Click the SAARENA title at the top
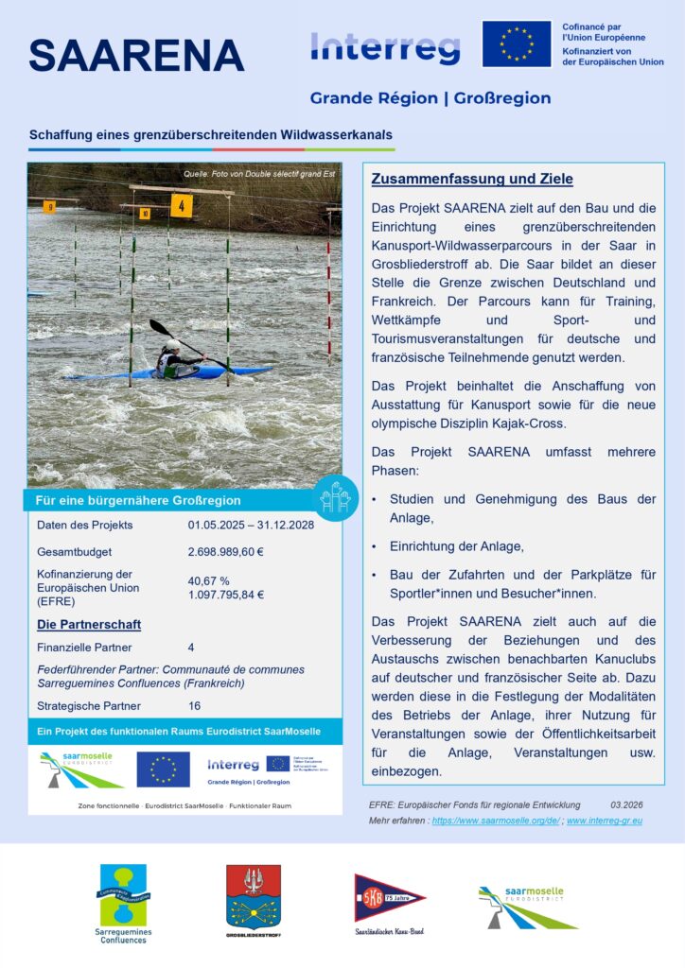(136, 56)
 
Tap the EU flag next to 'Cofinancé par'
(516, 44)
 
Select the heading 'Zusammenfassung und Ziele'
(471, 179)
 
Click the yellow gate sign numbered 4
(181, 206)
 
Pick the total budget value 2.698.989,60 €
(225, 552)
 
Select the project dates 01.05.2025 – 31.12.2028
(250, 525)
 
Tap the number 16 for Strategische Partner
(194, 705)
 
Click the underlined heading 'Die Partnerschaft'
(89, 625)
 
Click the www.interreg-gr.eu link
(605, 821)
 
